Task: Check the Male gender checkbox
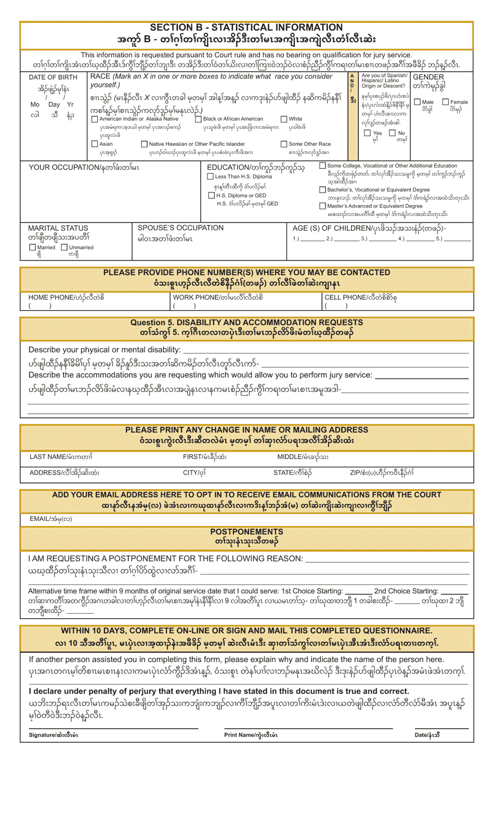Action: tap(418, 102)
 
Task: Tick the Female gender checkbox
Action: tap(446, 102)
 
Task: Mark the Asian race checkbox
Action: tap(95, 144)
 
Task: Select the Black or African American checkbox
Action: tap(198, 119)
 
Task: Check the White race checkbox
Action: tap(284, 119)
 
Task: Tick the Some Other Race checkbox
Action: tap(284, 144)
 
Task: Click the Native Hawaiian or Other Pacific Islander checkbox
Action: tap(144, 144)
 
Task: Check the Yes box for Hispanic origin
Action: tap(368, 133)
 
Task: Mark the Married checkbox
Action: tap(32, 247)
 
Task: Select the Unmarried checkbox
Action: tap(64, 247)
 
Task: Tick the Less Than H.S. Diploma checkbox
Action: tap(210, 176)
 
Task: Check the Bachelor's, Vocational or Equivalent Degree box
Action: tap(322, 189)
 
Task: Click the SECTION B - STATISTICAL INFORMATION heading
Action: tap(246, 28)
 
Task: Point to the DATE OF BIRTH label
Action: tap(53, 77)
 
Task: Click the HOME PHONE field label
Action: tap(66, 297)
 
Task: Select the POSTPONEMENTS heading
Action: tap(246, 531)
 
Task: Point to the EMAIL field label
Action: tap(50, 519)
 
